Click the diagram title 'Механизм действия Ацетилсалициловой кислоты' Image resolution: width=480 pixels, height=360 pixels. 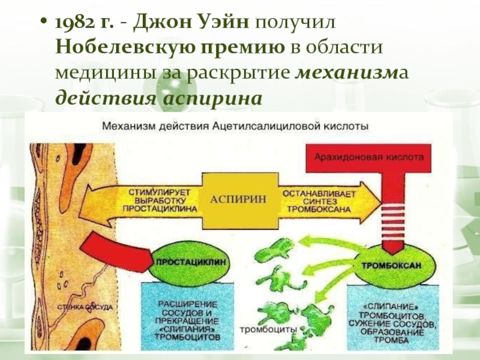pyautogui.click(x=235, y=127)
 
